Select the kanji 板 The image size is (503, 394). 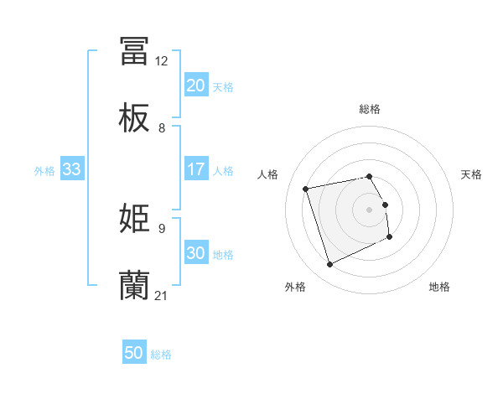(x=134, y=119)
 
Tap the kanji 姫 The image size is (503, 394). (x=134, y=219)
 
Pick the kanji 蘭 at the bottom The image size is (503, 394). (x=134, y=286)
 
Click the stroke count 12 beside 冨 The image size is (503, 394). (x=161, y=61)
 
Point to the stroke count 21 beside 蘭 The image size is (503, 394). (x=162, y=296)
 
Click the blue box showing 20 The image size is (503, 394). (x=195, y=86)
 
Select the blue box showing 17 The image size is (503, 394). (x=195, y=169)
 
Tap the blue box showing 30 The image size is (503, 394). (x=195, y=253)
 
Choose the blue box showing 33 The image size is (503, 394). (x=71, y=169)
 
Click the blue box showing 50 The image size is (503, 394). (x=133, y=353)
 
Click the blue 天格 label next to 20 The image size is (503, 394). (x=223, y=87)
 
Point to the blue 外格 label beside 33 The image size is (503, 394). (x=44, y=171)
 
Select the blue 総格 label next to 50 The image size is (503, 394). (x=161, y=355)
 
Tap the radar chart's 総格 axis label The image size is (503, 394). (x=370, y=109)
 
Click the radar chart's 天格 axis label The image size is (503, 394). (x=471, y=174)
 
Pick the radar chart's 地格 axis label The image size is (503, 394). (x=439, y=287)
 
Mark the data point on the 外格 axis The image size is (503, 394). (x=329, y=265)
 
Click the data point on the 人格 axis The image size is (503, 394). (x=306, y=189)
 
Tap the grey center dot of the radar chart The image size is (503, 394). (x=370, y=210)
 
